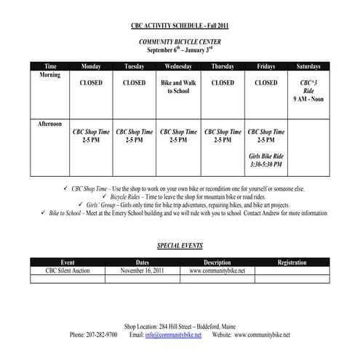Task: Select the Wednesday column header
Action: point(178,66)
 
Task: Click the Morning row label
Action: point(50,75)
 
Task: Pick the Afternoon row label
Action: point(50,124)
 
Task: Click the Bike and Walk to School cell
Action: point(178,87)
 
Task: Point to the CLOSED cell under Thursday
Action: point(223,83)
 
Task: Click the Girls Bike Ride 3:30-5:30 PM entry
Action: point(266,161)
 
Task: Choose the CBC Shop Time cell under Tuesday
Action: point(135,136)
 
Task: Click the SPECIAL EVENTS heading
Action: point(180,246)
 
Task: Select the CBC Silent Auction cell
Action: point(68,269)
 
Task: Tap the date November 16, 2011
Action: point(142,269)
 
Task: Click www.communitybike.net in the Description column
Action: point(217,269)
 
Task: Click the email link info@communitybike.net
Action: point(173,335)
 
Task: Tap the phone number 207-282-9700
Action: point(94,335)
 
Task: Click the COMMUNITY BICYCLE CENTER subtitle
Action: point(180,44)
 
